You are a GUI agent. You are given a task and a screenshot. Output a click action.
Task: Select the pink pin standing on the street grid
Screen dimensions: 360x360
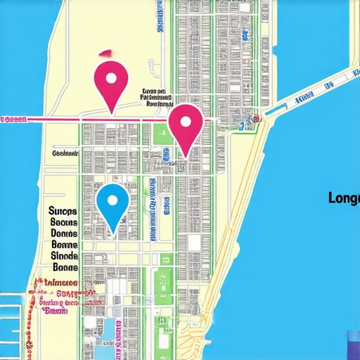coord(186,127)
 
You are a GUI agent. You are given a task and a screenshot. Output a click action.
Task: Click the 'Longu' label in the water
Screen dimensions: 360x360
coord(344,198)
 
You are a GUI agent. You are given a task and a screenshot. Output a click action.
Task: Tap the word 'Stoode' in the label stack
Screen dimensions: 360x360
coord(65,256)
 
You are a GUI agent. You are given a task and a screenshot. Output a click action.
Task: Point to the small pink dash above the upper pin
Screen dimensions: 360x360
coord(105,53)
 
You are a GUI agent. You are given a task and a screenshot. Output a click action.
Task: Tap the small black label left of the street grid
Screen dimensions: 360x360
coord(65,152)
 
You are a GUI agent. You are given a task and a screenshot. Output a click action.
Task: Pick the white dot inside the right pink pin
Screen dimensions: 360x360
coord(186,120)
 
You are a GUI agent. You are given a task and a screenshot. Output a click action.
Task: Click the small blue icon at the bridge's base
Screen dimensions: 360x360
coord(243,127)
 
